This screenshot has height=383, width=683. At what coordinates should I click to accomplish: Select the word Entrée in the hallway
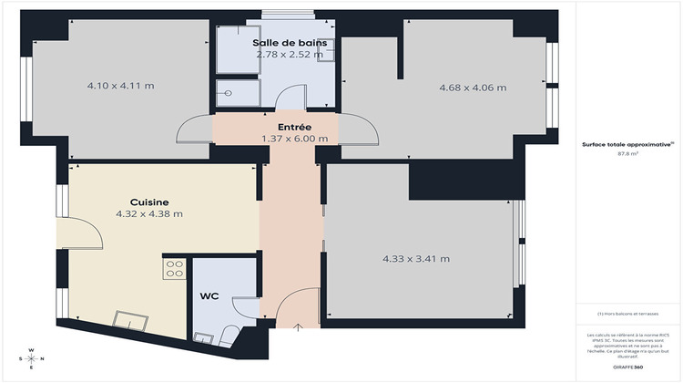coord(294,127)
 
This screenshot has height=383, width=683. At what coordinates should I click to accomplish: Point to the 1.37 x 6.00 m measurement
coord(294,139)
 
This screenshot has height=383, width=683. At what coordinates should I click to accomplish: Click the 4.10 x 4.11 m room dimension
coord(120,86)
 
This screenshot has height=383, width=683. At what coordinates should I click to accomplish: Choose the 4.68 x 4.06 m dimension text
coord(473,88)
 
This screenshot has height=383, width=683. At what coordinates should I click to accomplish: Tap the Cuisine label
coord(149,202)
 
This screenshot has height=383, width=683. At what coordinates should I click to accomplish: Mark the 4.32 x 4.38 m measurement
coord(149,214)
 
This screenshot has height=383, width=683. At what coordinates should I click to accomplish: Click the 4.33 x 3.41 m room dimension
coord(416,258)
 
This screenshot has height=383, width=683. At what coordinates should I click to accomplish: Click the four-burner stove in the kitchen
coord(174,269)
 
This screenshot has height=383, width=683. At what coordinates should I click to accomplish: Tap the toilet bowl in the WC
coord(230,335)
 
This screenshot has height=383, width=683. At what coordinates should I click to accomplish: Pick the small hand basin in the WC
coord(203,338)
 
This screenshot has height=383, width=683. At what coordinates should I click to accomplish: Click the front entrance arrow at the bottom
coord(301,327)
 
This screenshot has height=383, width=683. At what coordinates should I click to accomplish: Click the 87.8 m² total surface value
coord(627,154)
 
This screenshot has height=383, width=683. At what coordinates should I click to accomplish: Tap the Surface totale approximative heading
coord(627,144)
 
